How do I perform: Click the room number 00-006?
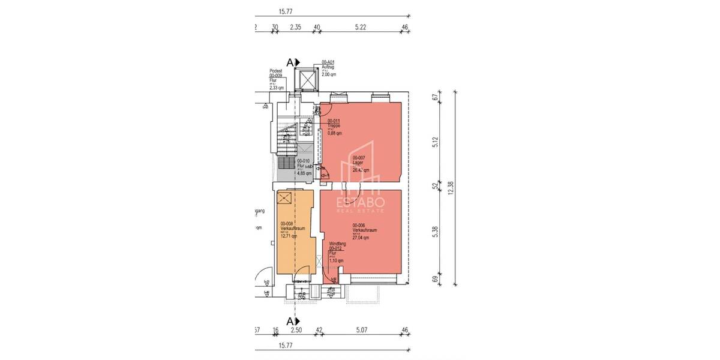(x=359, y=225)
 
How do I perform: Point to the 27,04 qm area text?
(x=361, y=238)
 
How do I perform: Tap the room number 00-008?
(x=287, y=223)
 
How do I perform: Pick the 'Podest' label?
(x=276, y=70)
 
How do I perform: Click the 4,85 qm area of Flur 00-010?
(x=305, y=173)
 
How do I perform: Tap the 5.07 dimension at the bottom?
(x=364, y=329)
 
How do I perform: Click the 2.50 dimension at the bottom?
(x=296, y=329)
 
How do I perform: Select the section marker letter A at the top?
(x=290, y=62)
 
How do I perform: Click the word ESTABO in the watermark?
(x=362, y=202)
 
